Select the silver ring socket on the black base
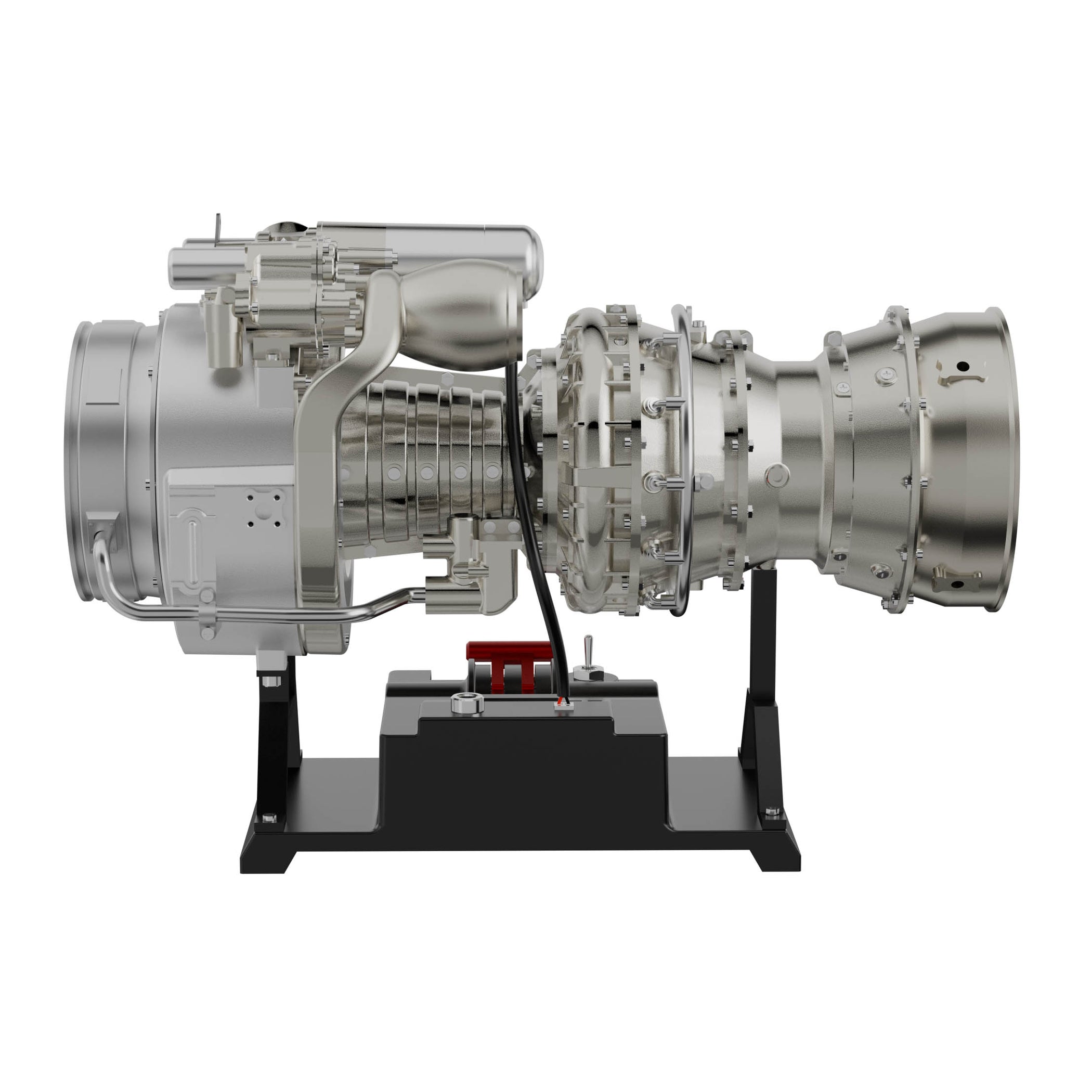pos(467,704)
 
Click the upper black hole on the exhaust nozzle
pos(963,366)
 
